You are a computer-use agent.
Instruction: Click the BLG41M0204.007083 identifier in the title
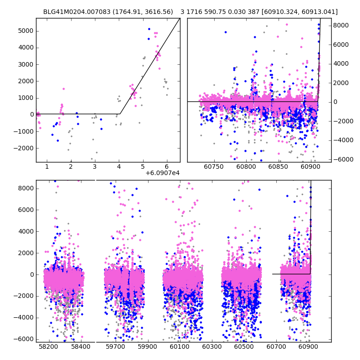pos(74,12)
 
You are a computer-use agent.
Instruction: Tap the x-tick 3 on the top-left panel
pos(94,167)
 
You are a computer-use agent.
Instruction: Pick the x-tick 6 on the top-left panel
pos(166,167)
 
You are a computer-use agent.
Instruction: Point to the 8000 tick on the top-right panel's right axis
pos(340,25)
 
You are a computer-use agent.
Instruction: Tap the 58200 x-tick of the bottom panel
pos(49,347)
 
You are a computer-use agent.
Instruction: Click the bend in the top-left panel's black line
pos(120,114)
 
